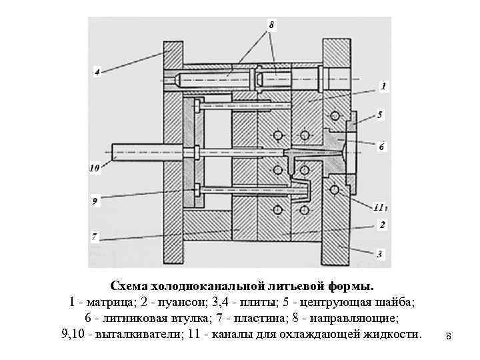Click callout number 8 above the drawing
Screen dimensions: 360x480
pos(272,25)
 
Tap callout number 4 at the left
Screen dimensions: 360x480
pos(97,72)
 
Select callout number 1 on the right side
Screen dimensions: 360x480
pos(383,86)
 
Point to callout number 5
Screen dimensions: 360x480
pos(380,115)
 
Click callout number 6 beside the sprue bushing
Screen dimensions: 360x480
pos(381,147)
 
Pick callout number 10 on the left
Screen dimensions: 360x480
pos(94,168)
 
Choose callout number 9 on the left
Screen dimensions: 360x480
pos(95,199)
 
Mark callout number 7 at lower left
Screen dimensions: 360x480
pos(94,236)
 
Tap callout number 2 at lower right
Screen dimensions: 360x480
pos(382,225)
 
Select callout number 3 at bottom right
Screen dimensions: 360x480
pos(379,254)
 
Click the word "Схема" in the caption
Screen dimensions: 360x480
pos(133,287)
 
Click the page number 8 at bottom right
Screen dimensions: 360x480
pos(449,338)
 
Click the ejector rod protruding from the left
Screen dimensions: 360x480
pos(133,153)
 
